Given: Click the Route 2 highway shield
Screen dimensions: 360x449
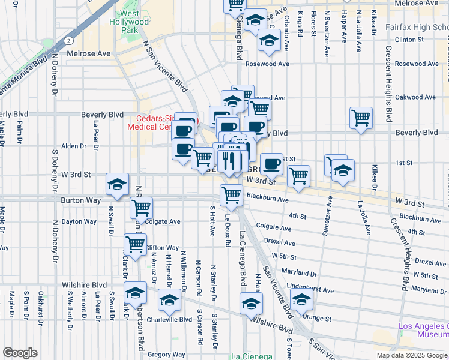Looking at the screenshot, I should coord(70,41).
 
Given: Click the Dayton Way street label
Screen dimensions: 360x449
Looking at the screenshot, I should coord(79,221).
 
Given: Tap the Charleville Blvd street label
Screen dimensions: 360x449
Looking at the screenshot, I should coord(169,320).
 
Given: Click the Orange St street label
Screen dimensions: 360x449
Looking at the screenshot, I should coord(317,317).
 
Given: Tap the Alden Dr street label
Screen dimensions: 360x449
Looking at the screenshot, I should coord(74,146).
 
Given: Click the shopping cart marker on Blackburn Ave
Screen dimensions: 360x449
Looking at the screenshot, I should coord(231,195).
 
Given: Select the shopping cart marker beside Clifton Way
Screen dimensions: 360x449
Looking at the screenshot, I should coord(136,244).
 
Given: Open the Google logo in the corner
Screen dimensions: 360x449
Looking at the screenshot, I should coord(20,353).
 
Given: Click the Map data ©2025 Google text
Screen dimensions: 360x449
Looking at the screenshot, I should coord(411,355).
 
